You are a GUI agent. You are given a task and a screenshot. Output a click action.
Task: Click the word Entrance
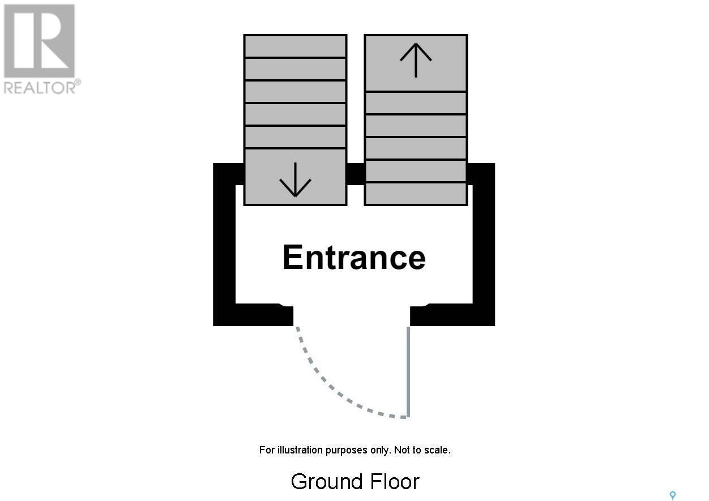[354, 258]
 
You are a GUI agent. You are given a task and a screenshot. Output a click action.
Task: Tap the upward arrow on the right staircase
[416, 59]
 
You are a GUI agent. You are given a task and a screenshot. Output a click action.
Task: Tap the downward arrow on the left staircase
[295, 180]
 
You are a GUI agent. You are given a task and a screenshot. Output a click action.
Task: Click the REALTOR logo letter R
[40, 40]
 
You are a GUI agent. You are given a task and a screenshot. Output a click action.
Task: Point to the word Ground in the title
[327, 482]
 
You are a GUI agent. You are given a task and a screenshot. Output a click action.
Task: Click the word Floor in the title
[395, 482]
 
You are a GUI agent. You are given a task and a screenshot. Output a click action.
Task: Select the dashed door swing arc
[334, 391]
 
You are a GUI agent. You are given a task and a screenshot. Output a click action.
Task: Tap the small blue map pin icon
[673, 496]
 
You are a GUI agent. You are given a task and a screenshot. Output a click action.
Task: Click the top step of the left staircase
[295, 46]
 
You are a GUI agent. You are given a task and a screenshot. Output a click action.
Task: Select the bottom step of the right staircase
[416, 193]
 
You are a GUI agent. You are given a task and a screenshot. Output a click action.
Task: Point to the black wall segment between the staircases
[355, 174]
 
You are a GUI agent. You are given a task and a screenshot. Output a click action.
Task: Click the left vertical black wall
[224, 243]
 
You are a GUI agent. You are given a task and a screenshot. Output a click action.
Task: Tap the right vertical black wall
[484, 243]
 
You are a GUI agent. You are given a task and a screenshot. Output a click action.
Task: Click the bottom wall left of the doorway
[255, 315]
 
